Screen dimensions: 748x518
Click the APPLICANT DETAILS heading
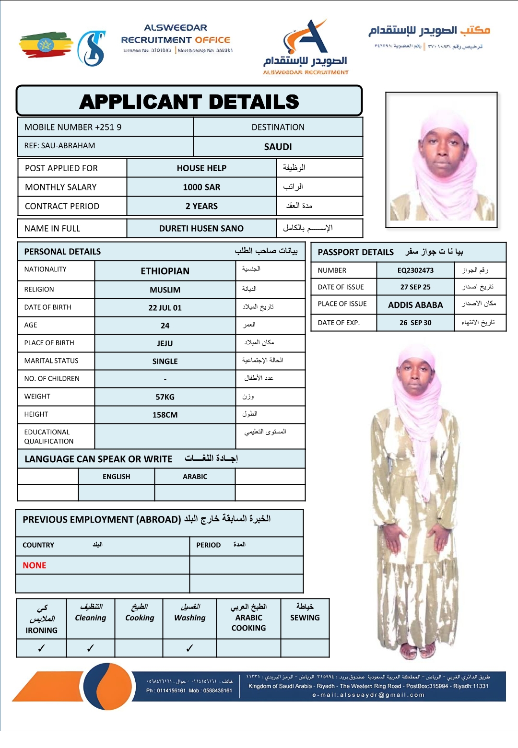(x=189, y=102)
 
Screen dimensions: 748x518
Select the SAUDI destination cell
(x=278, y=147)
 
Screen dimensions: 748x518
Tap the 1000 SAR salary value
(x=201, y=187)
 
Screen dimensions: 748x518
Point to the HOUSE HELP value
(x=201, y=168)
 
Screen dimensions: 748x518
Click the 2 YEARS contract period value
(x=201, y=206)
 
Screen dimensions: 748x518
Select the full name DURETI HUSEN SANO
(x=201, y=229)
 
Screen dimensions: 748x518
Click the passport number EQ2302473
(x=415, y=270)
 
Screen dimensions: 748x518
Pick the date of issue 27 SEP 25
(x=415, y=287)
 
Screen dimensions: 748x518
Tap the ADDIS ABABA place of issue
(x=415, y=305)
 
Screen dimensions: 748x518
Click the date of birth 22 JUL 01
(x=165, y=308)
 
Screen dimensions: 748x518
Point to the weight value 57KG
(x=165, y=397)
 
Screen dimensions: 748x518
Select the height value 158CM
(x=165, y=415)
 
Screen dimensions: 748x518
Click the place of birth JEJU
(x=165, y=343)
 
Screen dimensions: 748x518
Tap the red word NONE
(x=35, y=565)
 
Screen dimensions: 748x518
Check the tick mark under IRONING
(x=41, y=648)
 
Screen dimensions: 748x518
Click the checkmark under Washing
(x=189, y=648)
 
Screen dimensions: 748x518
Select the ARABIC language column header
(x=195, y=477)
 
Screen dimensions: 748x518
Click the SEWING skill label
(x=305, y=618)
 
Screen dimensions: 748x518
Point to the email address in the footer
(x=368, y=695)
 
